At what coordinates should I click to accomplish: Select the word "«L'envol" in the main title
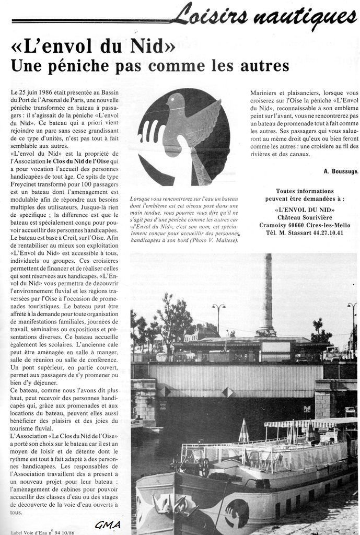[x=45, y=46]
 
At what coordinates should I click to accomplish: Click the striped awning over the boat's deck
[x=308, y=423]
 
